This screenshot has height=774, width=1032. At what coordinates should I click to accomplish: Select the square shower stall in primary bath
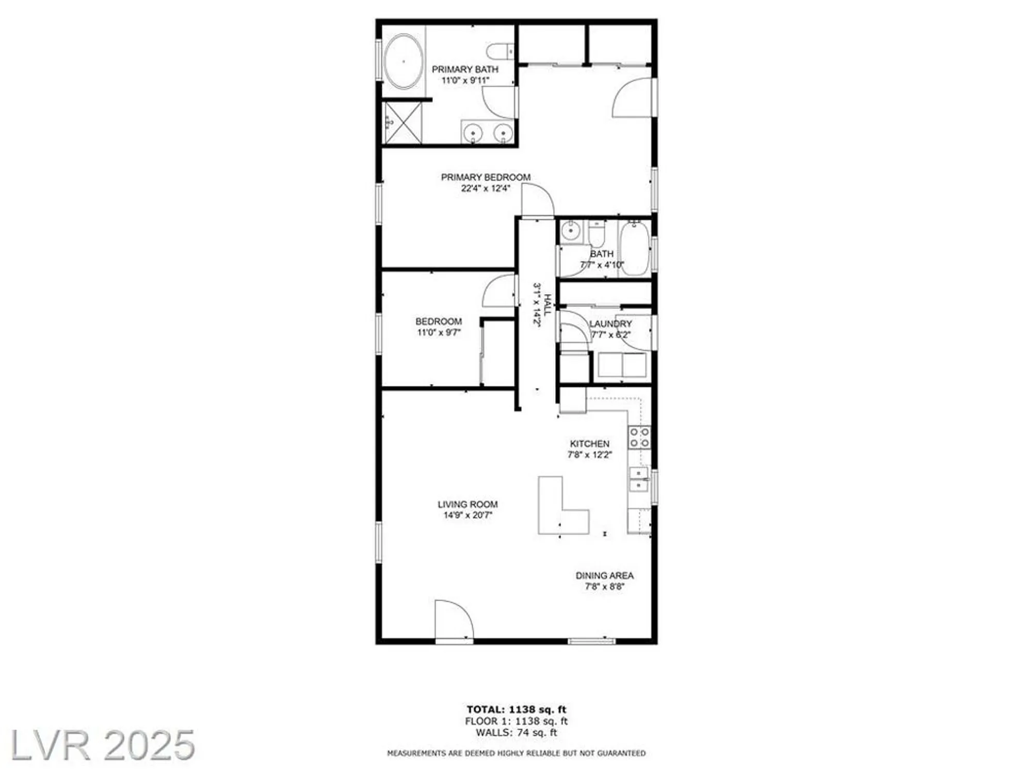coord(402,123)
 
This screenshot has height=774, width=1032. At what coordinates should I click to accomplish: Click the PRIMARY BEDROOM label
coord(486,177)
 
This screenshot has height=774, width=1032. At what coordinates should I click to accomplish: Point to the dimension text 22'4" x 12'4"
coord(486,188)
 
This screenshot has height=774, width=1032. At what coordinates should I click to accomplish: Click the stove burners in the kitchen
coord(639,437)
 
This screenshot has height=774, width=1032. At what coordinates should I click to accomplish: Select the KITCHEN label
coord(589,444)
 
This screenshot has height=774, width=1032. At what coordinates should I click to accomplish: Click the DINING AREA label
coord(604,575)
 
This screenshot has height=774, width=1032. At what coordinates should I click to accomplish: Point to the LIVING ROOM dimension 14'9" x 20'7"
coord(467,515)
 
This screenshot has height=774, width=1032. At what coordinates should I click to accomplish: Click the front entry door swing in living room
coord(453,619)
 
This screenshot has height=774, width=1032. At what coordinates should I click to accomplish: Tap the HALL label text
coord(547,304)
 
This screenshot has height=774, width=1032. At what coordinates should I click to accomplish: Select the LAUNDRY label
coord(610,324)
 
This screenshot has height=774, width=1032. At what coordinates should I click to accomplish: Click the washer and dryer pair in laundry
coord(622,365)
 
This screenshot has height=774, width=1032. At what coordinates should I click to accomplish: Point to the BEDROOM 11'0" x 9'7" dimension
coord(439,333)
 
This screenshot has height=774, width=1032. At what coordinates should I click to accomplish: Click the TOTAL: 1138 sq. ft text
coord(516,709)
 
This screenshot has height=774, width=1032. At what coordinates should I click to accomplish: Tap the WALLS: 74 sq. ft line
coord(516,732)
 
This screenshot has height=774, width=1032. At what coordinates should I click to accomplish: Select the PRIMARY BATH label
coord(465,69)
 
